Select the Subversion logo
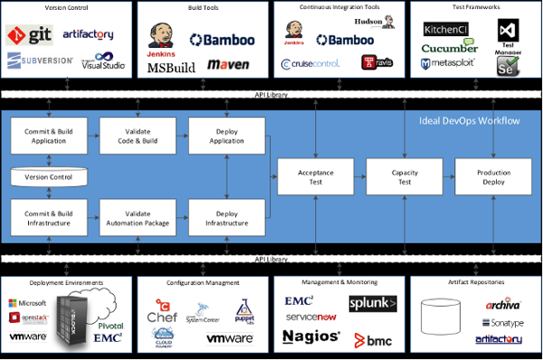30,61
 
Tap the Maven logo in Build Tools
228,65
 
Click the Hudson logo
342,21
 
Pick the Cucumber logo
450,47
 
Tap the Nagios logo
310,336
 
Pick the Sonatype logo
495,322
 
